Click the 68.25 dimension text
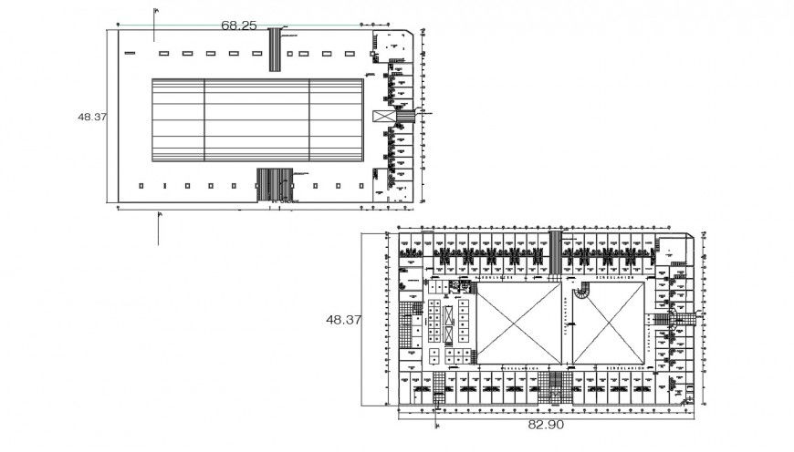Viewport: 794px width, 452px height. pyautogui.click(x=239, y=26)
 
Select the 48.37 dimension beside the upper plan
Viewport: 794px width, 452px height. pyautogui.click(x=92, y=117)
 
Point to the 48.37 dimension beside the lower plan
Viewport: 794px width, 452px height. pyautogui.click(x=344, y=320)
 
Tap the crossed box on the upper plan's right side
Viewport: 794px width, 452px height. pyautogui.click(x=381, y=118)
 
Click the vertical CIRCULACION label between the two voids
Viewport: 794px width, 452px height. pyautogui.click(x=565, y=324)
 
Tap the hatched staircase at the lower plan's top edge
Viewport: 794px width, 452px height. pyautogui.click(x=553, y=251)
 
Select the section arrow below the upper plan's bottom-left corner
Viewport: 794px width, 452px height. pyautogui.click(x=159, y=228)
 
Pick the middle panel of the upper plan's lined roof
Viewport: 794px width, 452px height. pyautogui.click(x=256, y=119)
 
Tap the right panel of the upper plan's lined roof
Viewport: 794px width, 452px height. pyautogui.click(x=337, y=119)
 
